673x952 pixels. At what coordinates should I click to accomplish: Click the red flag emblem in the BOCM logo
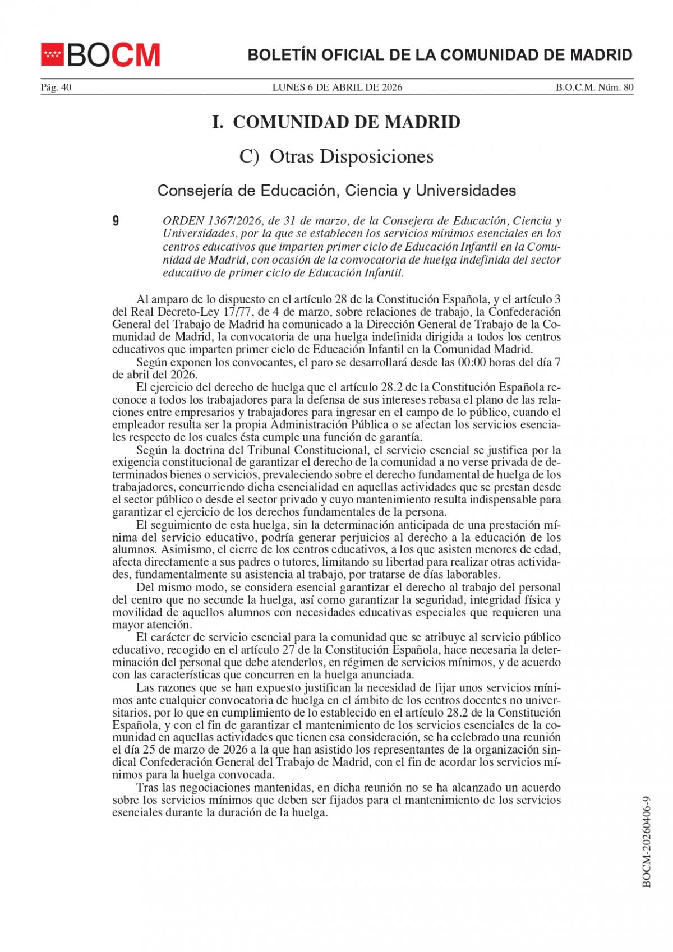coord(53,55)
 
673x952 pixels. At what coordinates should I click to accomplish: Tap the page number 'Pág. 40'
coord(56,87)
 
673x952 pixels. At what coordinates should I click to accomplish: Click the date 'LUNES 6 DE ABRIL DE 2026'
coord(337,87)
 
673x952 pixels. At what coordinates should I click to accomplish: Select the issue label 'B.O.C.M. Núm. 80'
coord(594,87)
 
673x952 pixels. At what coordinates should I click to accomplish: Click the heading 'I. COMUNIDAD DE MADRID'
coord(336,122)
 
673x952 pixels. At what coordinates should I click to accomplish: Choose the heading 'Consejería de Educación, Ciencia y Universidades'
coord(336,191)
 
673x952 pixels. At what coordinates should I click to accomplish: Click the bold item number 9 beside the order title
coord(116,221)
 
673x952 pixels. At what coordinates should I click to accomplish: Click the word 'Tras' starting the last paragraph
coord(147,788)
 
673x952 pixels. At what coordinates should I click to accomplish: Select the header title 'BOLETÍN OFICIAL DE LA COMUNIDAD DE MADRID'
coord(440,55)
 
